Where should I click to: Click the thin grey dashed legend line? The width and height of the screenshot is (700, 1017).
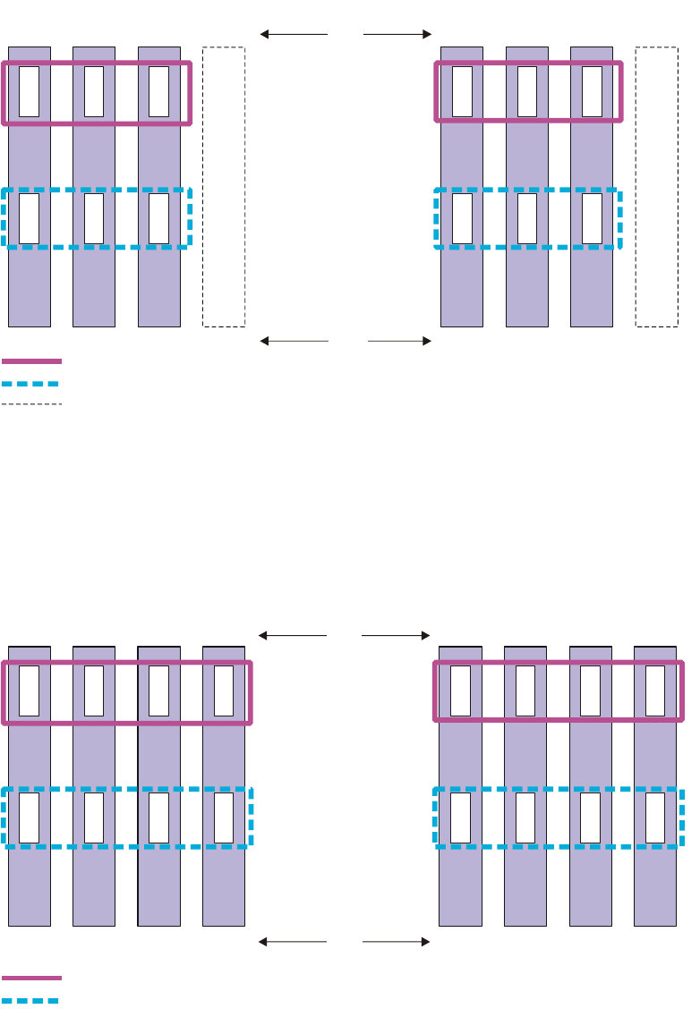point(31,405)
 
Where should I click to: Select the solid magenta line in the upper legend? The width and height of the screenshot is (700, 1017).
point(31,361)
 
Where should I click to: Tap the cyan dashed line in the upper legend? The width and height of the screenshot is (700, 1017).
point(31,384)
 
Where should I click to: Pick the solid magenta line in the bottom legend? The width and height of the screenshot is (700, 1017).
point(31,978)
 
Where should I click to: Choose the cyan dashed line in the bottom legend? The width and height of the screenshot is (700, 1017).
point(31,1000)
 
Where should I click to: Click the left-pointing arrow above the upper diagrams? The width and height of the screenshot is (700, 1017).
point(294,34)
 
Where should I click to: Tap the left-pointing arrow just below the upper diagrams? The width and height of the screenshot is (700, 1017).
point(294,341)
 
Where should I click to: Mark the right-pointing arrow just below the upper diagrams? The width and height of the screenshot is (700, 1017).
point(399,341)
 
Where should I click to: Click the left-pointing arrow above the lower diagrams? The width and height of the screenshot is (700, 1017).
point(293,636)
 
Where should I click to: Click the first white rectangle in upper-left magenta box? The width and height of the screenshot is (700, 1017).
point(30,91)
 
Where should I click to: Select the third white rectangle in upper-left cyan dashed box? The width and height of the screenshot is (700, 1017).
point(158,219)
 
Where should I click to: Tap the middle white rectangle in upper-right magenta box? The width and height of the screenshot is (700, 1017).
point(527,91)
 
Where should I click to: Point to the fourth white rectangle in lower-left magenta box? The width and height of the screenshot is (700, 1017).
point(224,691)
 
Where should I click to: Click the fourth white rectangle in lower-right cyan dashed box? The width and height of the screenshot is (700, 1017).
point(655,818)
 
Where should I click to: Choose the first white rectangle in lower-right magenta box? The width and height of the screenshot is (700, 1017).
point(460,691)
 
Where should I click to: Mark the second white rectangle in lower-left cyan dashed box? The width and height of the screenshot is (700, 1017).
point(94,818)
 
